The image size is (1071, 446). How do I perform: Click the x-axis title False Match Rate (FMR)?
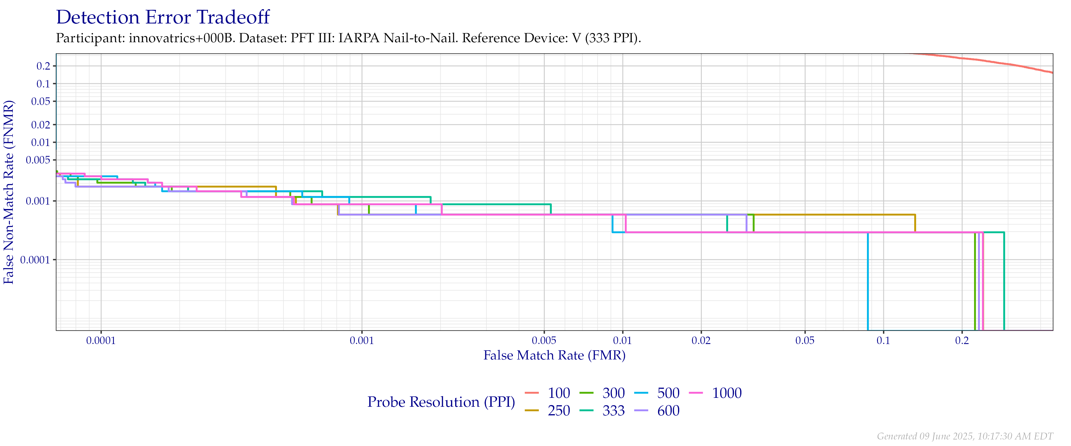tap(554, 355)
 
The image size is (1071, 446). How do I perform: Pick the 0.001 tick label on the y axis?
tap(38, 201)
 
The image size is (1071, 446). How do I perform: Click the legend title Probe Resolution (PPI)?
tap(441, 402)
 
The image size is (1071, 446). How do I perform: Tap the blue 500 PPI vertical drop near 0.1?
tap(868, 283)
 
